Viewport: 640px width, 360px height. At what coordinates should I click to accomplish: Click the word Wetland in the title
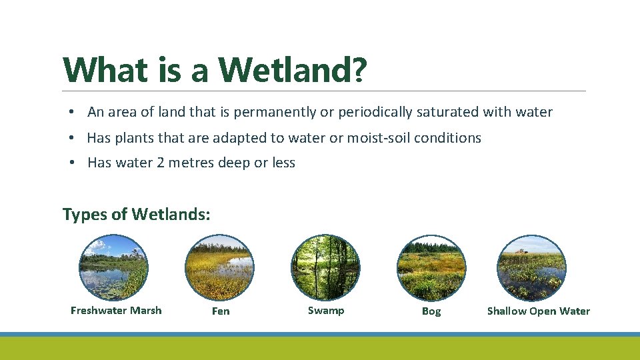coord(285,69)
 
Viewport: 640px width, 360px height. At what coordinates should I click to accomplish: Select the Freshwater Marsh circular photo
coord(114,267)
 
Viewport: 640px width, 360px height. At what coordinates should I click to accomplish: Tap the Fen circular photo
coord(220,267)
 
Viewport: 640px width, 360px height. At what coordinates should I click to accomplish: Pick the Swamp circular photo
coord(325,267)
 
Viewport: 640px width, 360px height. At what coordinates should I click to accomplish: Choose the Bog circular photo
coord(431,267)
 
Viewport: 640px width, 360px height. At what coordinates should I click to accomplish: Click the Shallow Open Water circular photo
coord(532,267)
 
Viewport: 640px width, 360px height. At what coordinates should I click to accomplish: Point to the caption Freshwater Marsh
coord(116,310)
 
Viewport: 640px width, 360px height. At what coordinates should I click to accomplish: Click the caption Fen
coord(220,311)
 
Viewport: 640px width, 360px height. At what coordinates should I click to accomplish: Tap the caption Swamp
coord(326,310)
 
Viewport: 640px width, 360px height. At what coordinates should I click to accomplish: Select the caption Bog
coord(431,311)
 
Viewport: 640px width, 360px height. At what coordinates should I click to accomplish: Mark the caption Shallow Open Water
coord(539,311)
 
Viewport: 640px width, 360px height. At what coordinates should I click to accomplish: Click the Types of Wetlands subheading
coord(136,214)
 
